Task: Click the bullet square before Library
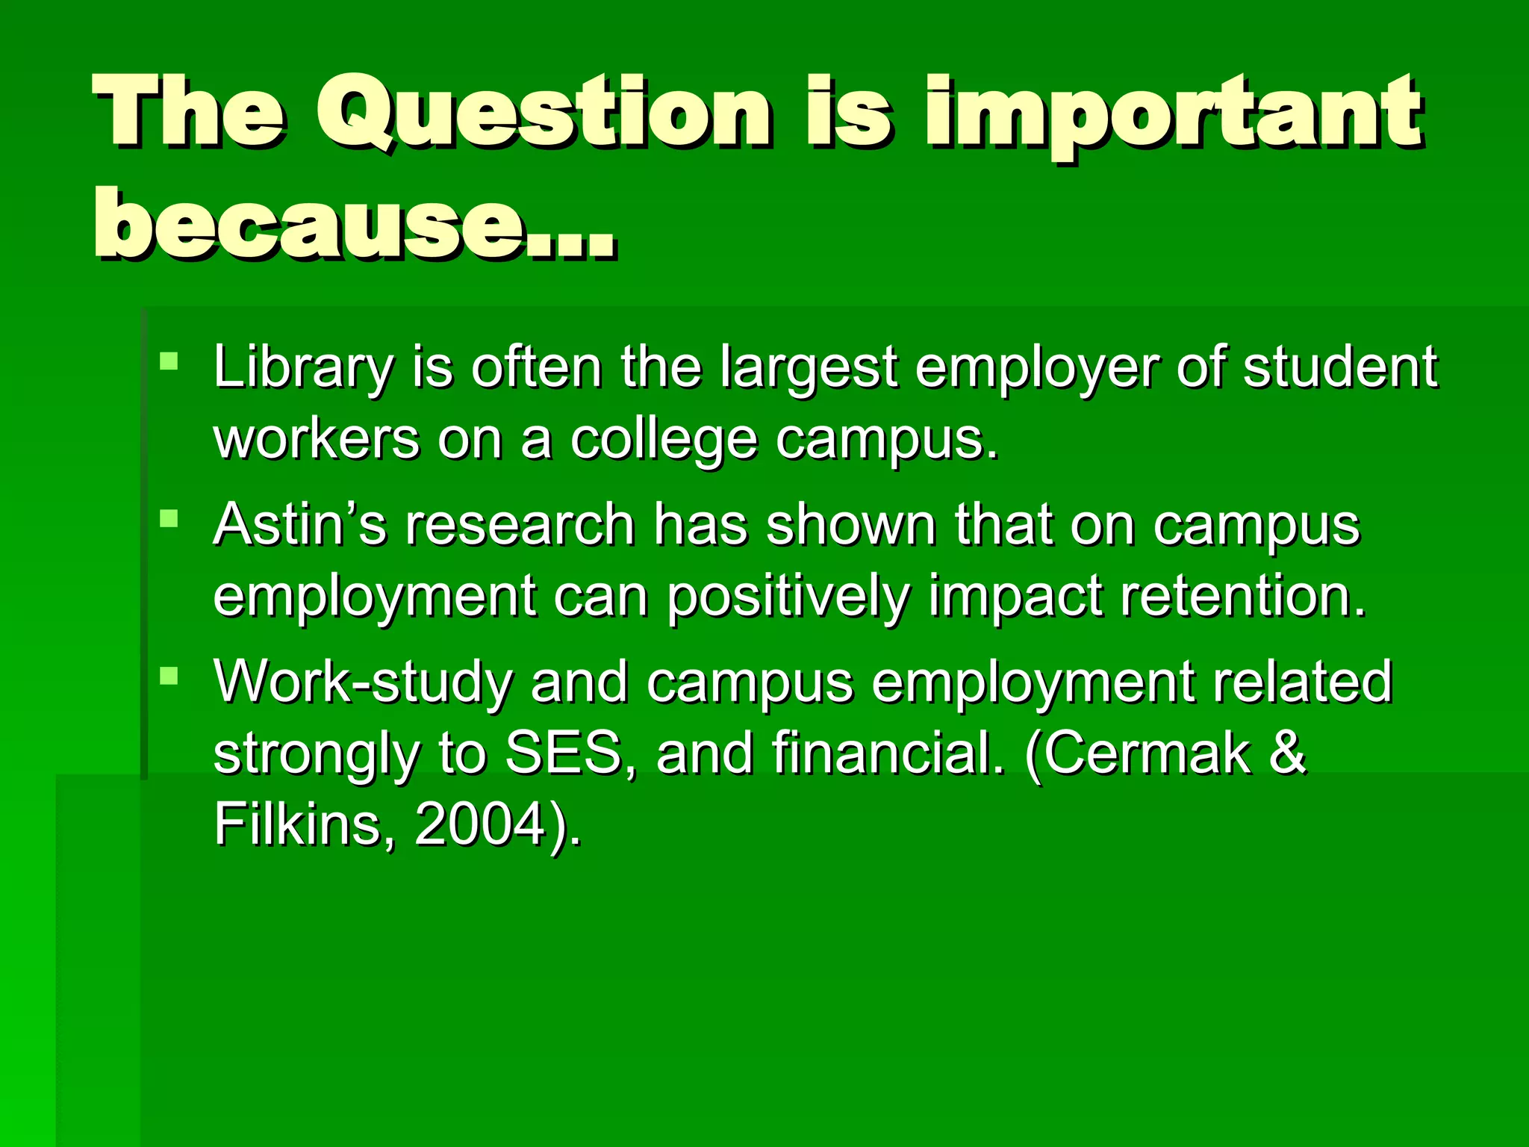coord(169,361)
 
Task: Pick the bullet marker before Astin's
coord(169,518)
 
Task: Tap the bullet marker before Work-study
coord(169,677)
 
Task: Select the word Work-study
coord(363,683)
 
